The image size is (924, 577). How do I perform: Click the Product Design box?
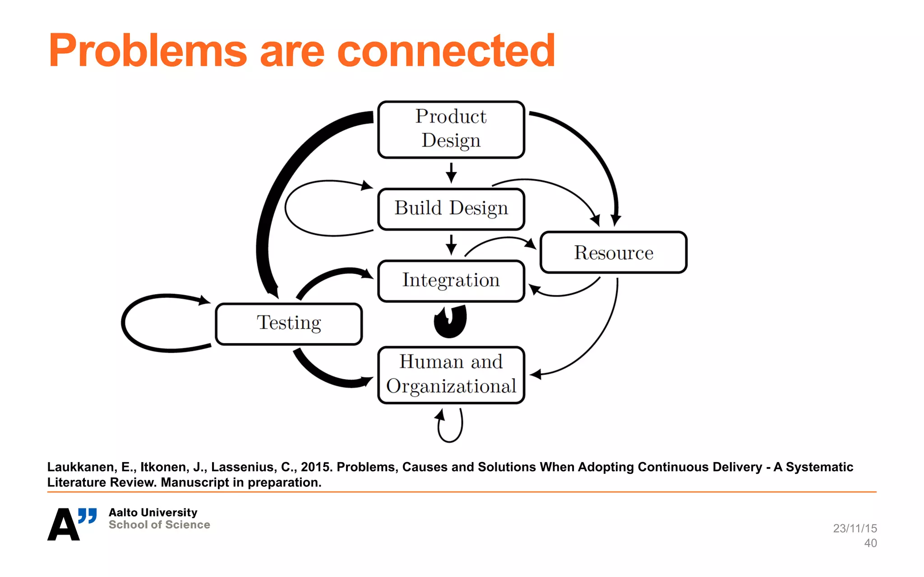pos(451,129)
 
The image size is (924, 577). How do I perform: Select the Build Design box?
pos(451,209)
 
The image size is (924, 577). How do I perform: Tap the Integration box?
pos(451,280)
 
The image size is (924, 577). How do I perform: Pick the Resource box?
pos(613,252)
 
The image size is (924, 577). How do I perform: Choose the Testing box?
pos(289,323)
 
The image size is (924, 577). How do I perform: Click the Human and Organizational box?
pos(451,375)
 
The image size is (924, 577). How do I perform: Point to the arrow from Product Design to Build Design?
pos(451,173)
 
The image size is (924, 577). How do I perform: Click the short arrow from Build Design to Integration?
pos(451,244)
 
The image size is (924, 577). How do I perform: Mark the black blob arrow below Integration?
pos(450,321)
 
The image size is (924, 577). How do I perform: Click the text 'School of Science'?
pos(159,525)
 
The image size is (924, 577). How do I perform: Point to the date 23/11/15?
pos(855,528)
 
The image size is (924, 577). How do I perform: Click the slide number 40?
pos(870,543)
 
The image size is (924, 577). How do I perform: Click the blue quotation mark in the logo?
pos(88,515)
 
